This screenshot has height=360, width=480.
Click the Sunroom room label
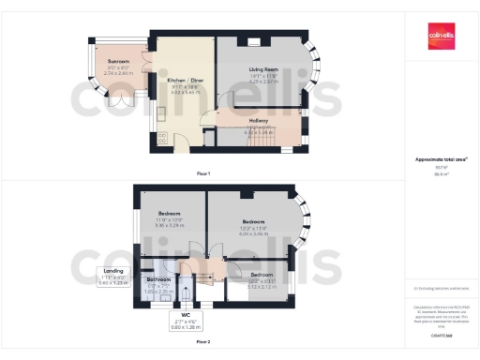tap(117, 65)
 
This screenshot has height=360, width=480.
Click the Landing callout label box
tap(113, 277)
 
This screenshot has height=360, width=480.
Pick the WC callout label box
tap(186, 322)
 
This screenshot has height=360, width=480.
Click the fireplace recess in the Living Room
tap(254, 41)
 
